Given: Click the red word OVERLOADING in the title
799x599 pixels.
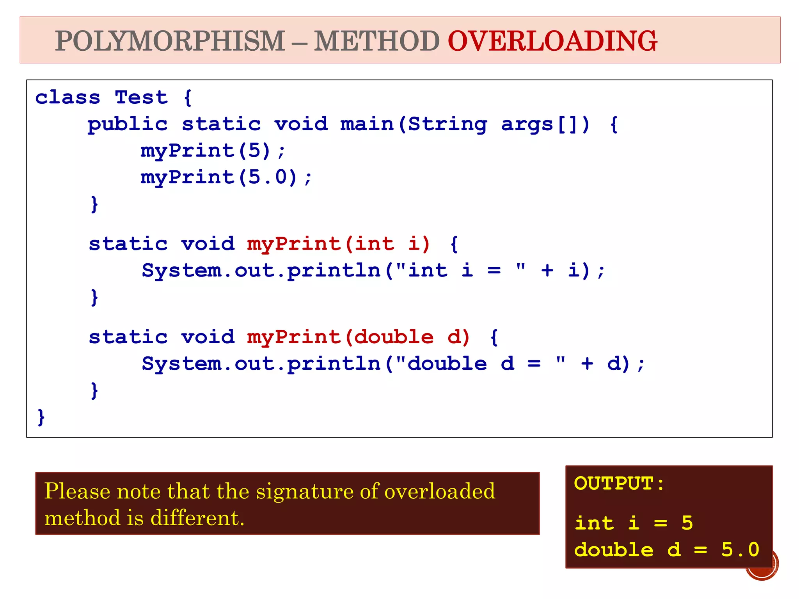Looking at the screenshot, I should point(552,41).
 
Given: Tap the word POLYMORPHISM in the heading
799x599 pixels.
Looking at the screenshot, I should point(170,41).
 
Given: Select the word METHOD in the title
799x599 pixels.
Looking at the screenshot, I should point(377,41).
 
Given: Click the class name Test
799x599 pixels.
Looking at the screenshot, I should point(141,97).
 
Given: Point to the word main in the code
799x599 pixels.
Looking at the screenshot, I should point(367,124).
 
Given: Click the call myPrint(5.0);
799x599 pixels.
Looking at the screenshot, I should point(226,177).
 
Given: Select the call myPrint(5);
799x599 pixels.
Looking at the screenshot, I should point(213,151).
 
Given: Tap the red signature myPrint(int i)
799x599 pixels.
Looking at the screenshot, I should point(339,244).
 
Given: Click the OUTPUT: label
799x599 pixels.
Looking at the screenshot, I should point(619,484).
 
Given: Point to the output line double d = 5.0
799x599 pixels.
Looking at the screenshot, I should point(667,550).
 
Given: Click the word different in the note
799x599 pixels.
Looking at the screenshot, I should point(197,518).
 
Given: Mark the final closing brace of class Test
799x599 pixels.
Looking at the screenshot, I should point(41,417).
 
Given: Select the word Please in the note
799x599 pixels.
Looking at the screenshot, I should point(78,491).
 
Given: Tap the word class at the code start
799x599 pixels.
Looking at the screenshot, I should point(67,97).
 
